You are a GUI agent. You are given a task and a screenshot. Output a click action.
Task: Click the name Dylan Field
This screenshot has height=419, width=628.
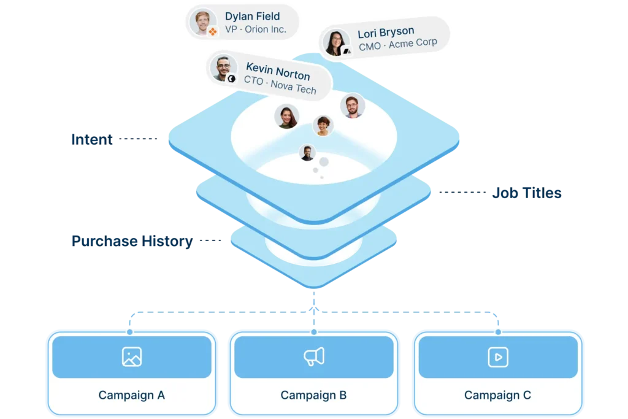[252, 16]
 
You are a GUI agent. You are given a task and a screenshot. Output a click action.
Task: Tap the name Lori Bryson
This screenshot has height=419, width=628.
[386, 31]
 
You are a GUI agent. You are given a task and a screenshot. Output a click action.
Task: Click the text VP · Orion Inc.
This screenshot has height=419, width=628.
[255, 29]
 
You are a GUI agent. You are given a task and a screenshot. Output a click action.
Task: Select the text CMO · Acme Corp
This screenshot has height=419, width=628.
[397, 44]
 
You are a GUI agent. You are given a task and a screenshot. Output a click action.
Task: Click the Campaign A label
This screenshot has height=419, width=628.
[131, 395]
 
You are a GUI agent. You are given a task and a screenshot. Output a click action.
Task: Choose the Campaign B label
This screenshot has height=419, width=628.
[313, 395]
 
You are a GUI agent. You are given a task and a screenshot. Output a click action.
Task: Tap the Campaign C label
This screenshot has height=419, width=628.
[497, 395]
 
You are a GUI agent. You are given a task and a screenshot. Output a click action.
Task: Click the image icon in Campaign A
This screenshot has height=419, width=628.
[131, 357]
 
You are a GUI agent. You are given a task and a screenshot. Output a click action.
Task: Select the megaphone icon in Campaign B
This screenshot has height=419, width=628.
[313, 357]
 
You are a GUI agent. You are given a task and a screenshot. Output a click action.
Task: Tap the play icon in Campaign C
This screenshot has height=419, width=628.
[497, 357]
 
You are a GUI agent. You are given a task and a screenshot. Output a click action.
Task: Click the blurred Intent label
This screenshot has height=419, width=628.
[91, 139]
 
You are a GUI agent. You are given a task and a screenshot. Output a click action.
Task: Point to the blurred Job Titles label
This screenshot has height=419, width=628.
[527, 193]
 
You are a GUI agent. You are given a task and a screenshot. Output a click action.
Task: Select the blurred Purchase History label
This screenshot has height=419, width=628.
[131, 240]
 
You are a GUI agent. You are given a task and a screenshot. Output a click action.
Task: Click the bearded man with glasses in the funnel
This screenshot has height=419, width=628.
[352, 106]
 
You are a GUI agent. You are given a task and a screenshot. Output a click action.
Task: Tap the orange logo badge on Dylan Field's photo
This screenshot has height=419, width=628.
[212, 31]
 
